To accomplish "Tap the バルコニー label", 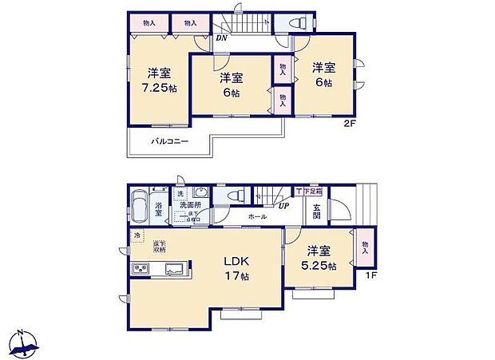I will (x=170, y=141).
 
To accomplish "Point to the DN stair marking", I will (x=221, y=37).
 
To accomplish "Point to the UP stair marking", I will (x=283, y=206).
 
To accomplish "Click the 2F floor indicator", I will (x=349, y=123).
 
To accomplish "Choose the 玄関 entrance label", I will (x=315, y=212).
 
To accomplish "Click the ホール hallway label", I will (x=257, y=216).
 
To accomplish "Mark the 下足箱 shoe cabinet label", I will (x=311, y=192).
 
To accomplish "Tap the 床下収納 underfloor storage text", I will (x=160, y=247).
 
